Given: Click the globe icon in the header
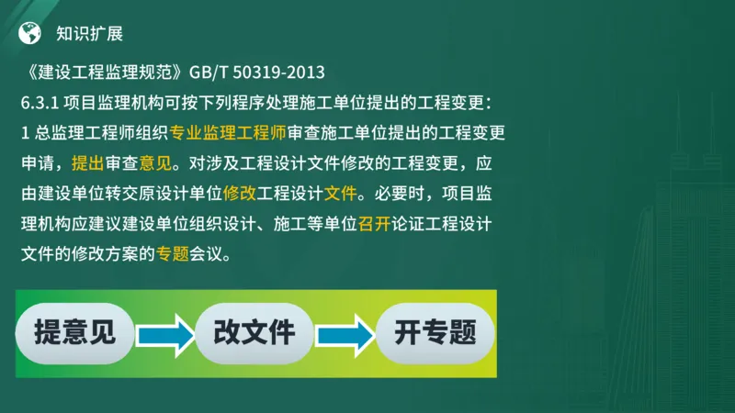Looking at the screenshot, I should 30,32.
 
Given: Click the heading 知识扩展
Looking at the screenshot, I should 89,33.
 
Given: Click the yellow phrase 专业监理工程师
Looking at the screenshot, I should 229,132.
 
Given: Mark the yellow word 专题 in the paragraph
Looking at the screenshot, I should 172,254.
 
